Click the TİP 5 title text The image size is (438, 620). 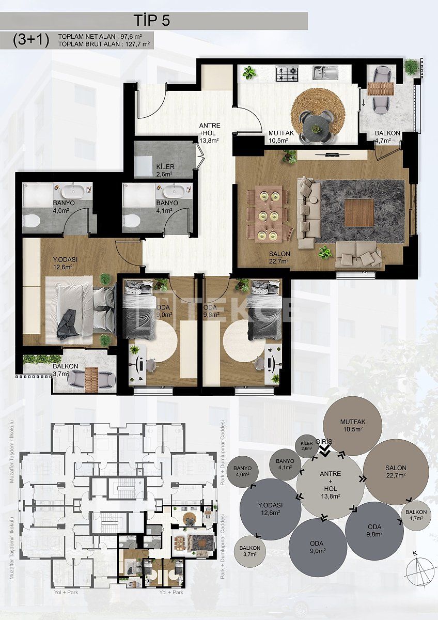point(152,21)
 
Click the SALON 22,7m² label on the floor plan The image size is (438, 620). point(279,257)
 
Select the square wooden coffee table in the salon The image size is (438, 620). point(358,212)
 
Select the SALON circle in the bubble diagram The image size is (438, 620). point(396,472)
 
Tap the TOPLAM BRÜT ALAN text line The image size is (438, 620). point(104,45)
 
